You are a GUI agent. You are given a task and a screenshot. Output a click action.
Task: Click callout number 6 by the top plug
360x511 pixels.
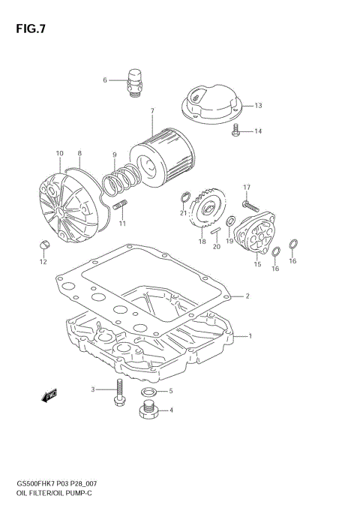[x=106, y=80]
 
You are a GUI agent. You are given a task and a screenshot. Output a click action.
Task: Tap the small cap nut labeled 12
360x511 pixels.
[x=43, y=243]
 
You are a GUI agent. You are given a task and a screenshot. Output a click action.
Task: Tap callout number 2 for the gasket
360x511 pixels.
[x=247, y=296]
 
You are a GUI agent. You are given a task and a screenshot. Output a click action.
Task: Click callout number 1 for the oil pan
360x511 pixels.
[x=250, y=335]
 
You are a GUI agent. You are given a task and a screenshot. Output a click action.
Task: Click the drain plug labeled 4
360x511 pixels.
[x=148, y=410]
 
